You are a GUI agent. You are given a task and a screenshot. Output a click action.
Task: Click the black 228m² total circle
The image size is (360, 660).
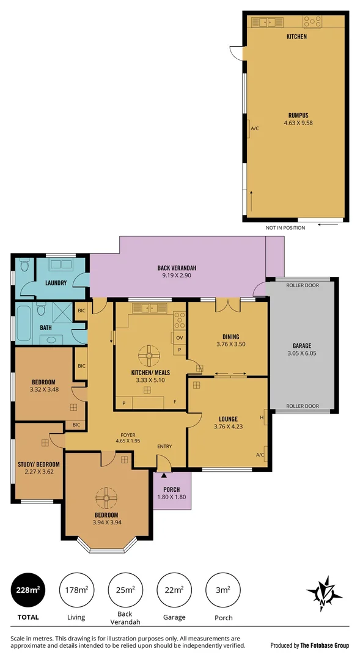pos(28,590)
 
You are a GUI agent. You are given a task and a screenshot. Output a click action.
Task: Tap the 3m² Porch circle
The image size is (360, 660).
pos(223,590)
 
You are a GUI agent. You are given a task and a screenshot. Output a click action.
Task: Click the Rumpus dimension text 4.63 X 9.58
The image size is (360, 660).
pos(298,123)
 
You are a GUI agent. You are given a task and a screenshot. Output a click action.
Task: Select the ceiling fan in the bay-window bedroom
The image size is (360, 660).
pos(106,499)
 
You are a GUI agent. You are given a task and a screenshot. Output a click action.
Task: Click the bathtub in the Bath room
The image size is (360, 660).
pos(24,324)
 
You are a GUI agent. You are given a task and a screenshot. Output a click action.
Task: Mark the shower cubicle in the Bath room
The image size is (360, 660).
pos(62,313)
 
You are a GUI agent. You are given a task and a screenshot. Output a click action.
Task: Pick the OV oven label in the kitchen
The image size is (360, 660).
pos(180,337)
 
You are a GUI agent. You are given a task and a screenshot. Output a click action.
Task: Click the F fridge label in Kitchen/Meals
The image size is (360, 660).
pos(175,402)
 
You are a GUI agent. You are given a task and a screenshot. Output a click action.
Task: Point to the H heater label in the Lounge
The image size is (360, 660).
pos(262,417)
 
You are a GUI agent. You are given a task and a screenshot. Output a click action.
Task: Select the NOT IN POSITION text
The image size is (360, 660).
pos(285,227)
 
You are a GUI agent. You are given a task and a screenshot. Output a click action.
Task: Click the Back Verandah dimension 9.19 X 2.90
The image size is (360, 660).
pos(176,276)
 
